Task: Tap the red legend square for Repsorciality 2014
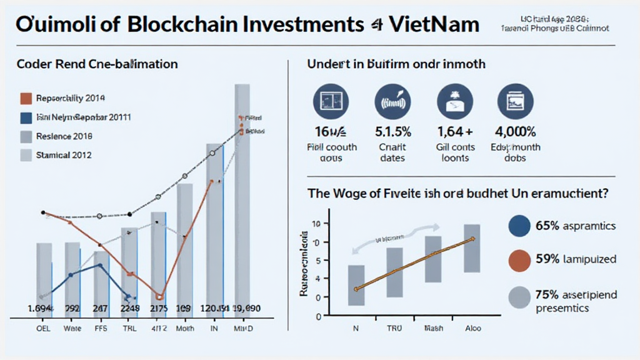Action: [26, 98]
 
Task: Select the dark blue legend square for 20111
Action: [26, 117]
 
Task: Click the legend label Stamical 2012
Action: [64, 154]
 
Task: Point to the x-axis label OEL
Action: [43, 329]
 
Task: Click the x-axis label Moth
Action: [184, 329]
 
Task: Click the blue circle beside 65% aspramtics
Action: [519, 226]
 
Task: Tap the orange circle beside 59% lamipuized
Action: [519, 259]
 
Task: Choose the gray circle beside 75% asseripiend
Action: [519, 298]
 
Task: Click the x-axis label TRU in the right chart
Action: [394, 329]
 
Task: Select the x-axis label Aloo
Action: [472, 329]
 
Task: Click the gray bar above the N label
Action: [356, 285]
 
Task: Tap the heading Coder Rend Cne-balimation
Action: [97, 64]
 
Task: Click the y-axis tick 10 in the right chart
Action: [316, 224]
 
